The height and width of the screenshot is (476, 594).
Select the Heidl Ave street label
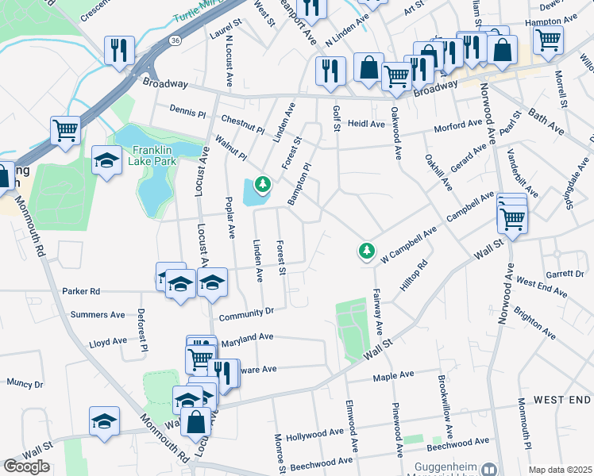366,125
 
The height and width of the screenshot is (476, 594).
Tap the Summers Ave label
98,315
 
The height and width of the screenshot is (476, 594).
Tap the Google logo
27,466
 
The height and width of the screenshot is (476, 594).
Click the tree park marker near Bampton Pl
263,186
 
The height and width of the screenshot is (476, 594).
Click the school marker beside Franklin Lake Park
106,162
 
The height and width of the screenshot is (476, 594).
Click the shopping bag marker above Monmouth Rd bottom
195,423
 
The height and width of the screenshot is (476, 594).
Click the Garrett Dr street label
566,274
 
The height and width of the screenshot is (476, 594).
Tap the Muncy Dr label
25,383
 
